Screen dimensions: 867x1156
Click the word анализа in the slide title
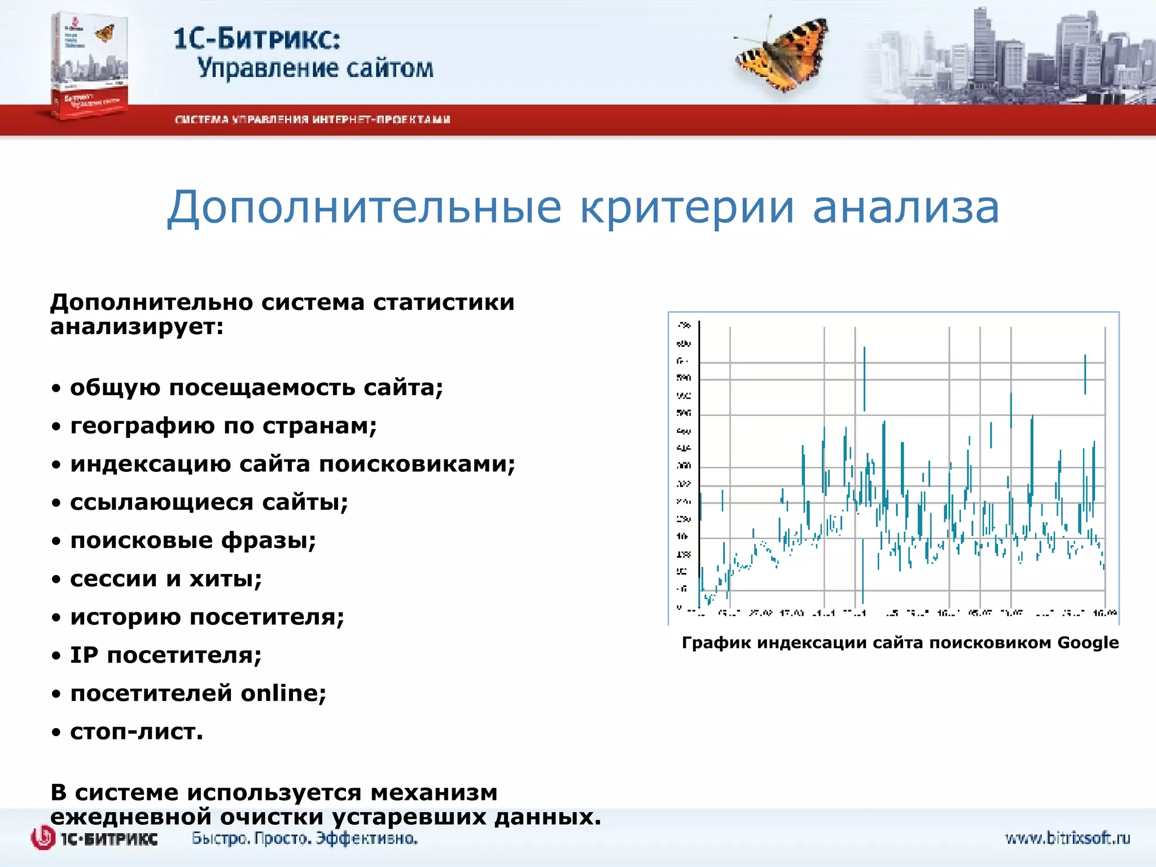coord(905,208)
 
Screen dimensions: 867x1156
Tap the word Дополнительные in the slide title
coord(364,208)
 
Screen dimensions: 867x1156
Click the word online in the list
coord(283,693)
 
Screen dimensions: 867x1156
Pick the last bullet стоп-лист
coord(136,732)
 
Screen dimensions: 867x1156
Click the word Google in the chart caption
coord(1087,643)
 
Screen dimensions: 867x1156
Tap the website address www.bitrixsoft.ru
coord(1067,838)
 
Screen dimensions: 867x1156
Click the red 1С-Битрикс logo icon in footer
coord(43,838)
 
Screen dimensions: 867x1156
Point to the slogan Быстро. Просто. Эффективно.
coord(304,838)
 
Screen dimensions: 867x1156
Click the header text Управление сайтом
coord(315,69)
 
